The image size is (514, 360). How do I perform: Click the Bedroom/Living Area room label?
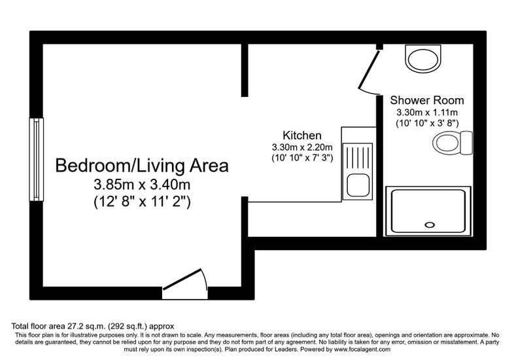[142, 166]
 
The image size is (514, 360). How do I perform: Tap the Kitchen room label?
[302, 135]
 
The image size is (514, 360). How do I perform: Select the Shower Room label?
[427, 100]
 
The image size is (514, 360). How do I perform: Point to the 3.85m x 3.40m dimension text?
[142, 185]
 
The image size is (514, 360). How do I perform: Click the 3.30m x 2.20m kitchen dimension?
[302, 147]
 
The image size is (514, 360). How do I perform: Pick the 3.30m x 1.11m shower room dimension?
[427, 113]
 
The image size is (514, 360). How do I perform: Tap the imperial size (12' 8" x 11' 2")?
[142, 201]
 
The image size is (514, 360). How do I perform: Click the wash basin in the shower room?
[423, 58]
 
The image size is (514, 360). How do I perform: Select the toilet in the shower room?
[453, 143]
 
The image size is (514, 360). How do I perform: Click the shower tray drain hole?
[430, 225]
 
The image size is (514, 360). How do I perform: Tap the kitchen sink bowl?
[358, 185]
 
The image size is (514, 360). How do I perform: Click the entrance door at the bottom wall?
[185, 284]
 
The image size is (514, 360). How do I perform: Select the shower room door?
[369, 69]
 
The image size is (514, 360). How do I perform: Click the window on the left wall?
[37, 159]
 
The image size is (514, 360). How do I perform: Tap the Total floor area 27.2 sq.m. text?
[58, 326]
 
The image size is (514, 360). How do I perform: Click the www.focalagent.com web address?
[362, 350]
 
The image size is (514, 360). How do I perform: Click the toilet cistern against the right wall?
[466, 143]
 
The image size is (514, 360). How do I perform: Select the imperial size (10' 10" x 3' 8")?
[427, 124]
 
